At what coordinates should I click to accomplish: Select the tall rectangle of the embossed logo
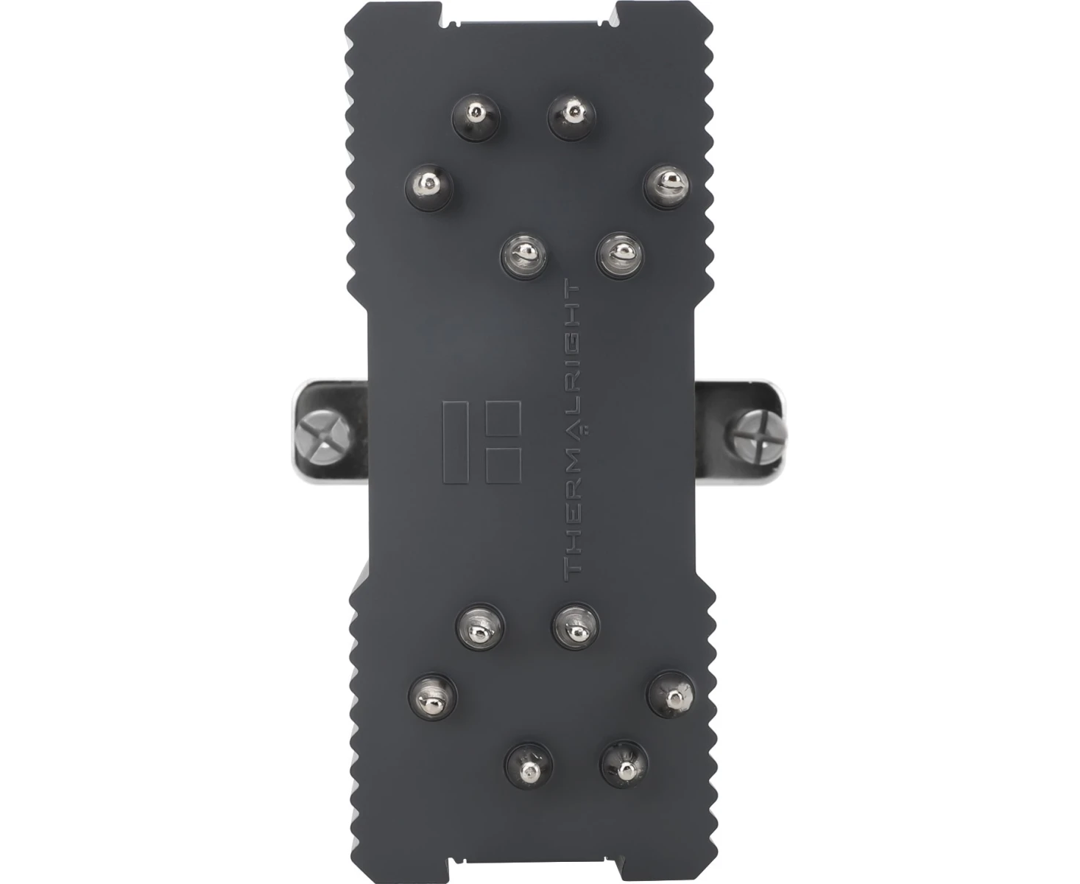tap(456, 442)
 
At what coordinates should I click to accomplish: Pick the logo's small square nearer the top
tap(503, 418)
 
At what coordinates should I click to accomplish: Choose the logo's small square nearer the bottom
tap(503, 466)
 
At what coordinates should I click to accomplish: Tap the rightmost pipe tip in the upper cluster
tap(667, 186)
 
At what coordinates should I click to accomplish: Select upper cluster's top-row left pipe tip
tap(476, 117)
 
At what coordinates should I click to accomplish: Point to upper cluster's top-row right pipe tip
tap(571, 116)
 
